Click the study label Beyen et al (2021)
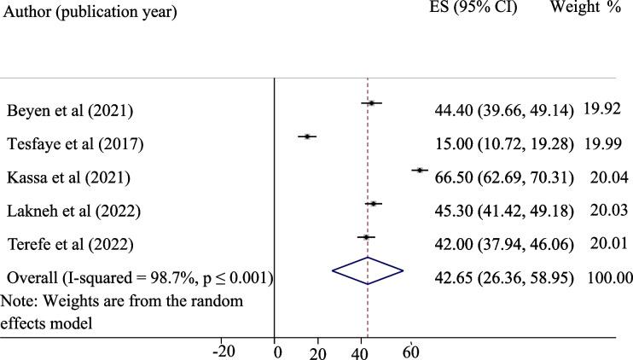point(70,111)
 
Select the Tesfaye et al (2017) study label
point(75,144)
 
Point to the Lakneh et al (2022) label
point(73,211)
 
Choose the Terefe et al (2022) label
point(70,244)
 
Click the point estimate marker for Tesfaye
point(306,136)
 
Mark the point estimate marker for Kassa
point(419,171)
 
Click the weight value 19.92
point(601,109)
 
